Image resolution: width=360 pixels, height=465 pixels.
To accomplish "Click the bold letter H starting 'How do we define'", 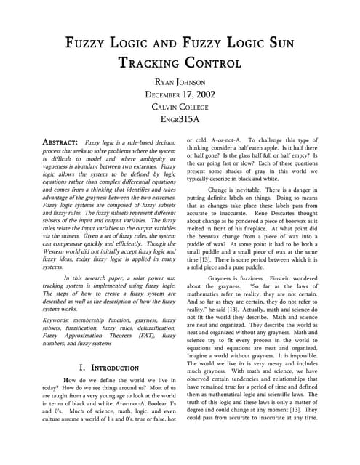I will [x=67, y=382].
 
